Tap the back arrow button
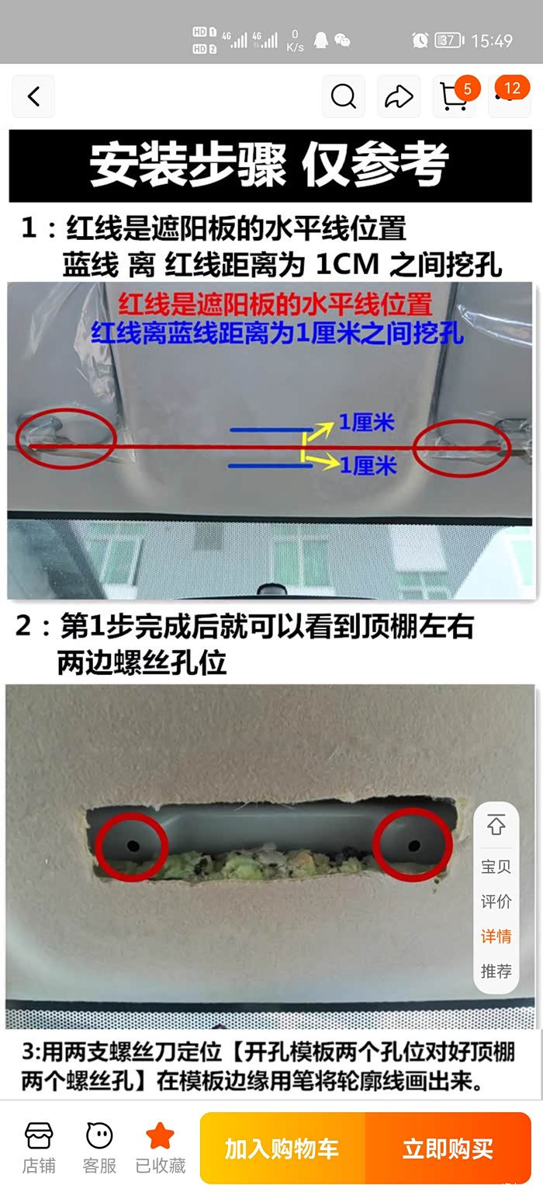coord(33,96)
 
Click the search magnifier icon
coord(343,96)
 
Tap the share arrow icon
coord(399,96)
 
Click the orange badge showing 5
coord(467,89)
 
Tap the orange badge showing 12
coord(512,88)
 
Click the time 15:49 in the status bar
coord(492,40)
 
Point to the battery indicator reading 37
coord(449,40)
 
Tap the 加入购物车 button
coord(282,1148)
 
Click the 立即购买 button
coord(448,1148)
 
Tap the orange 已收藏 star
coord(160,1135)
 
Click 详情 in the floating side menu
coord(496,936)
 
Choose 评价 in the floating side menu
coord(496,902)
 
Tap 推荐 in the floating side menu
coord(496,971)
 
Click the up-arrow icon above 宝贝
coord(496,825)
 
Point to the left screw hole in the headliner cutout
coord(133,846)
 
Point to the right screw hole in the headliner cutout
coord(414,846)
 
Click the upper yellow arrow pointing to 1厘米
coord(318,431)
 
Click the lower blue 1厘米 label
coord(368,466)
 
